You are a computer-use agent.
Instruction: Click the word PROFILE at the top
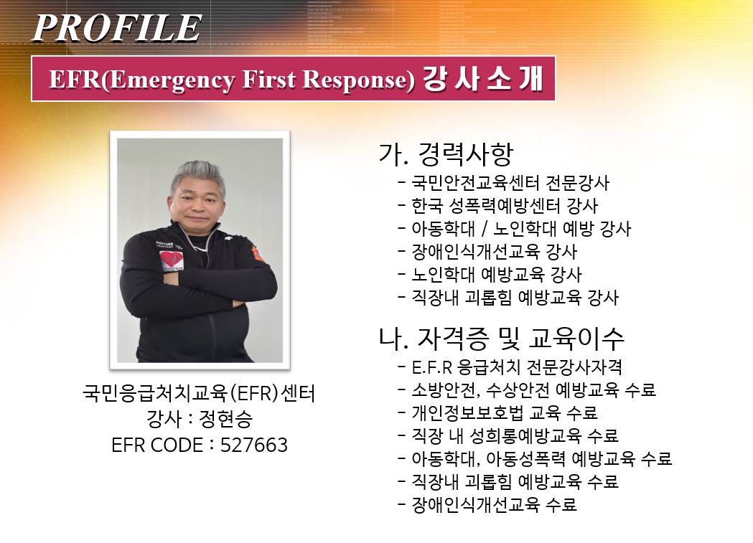117,28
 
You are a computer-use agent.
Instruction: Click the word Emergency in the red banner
172,80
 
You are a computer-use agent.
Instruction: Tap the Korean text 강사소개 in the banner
482,78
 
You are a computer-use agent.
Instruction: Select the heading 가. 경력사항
446,154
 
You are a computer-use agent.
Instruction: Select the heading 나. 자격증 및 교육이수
501,338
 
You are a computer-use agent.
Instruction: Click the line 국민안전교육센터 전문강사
510,183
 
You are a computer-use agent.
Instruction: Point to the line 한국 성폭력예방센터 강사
505,206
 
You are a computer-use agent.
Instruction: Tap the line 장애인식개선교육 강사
494,251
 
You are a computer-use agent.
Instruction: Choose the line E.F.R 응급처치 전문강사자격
517,367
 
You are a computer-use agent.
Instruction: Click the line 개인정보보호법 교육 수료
505,412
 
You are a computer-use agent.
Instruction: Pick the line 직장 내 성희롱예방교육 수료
515,435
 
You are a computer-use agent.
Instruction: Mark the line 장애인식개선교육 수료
494,505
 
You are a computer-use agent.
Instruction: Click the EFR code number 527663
254,445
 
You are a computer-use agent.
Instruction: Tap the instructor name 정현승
225,419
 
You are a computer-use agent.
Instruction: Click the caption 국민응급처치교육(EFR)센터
199,393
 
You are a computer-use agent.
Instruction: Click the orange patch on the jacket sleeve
258,254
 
